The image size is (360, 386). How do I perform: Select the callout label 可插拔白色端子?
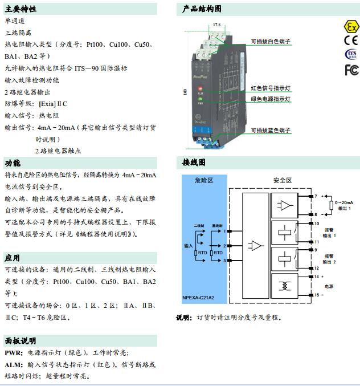[271, 42]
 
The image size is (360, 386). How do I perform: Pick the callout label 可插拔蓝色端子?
[271, 131]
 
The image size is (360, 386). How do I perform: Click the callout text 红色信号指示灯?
[271, 88]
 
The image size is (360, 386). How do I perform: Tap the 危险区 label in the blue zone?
[203, 180]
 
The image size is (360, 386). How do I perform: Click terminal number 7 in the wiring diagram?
[315, 196]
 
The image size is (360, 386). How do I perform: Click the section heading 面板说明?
[21, 341]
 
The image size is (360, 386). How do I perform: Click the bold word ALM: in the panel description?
[14, 364]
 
